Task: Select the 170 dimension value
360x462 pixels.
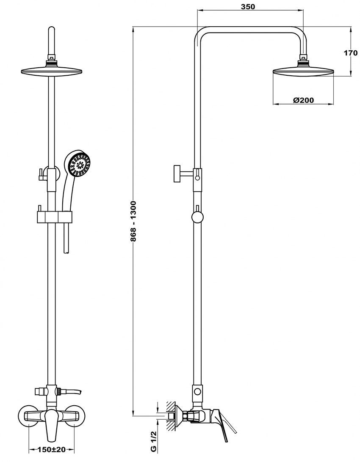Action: click(x=351, y=53)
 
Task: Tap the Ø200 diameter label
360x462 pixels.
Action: click(x=303, y=100)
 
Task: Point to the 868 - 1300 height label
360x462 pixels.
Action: click(x=133, y=221)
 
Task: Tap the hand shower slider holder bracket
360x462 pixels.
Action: click(x=55, y=217)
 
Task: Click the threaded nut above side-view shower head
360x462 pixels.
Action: click(x=303, y=63)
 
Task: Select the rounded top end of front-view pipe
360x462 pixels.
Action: click(x=52, y=32)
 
